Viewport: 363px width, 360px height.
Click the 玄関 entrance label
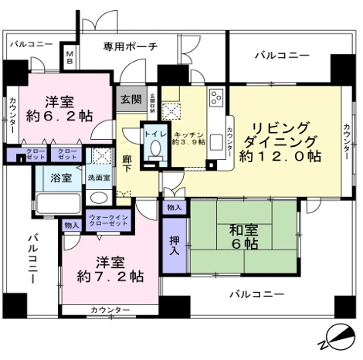tap(130, 100)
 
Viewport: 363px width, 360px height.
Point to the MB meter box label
tap(70, 57)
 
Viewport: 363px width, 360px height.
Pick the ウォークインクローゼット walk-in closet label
tap(107, 222)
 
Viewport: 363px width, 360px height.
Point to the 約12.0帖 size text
tap(280, 156)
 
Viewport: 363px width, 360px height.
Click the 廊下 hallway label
tap(127, 164)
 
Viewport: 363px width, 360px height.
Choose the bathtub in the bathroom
tap(58, 205)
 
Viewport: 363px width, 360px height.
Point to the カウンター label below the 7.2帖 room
tap(110, 311)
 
